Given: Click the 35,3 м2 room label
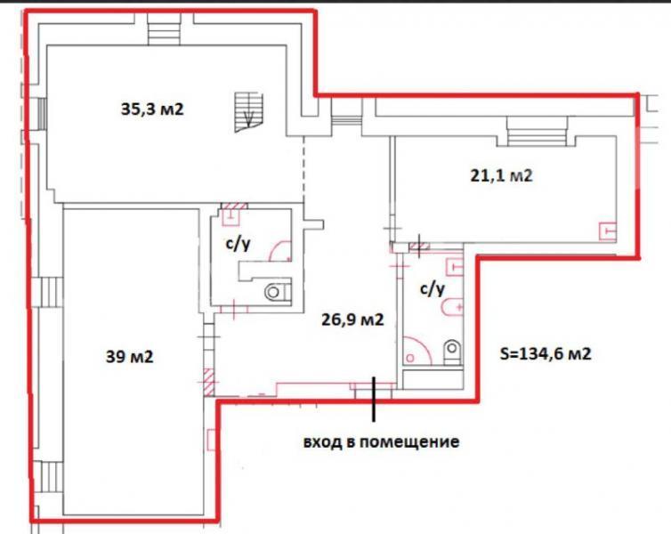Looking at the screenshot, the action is (x=152, y=109).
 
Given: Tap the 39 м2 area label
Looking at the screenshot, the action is (x=129, y=356).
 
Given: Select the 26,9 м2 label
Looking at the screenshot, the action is (x=352, y=320).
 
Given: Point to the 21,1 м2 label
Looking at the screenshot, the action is (x=502, y=175).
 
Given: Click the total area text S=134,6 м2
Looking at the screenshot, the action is (x=546, y=353).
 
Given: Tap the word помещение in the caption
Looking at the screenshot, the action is (x=409, y=441).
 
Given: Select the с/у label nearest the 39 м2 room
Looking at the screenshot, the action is (x=238, y=244).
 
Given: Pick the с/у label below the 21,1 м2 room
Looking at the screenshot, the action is (x=433, y=289).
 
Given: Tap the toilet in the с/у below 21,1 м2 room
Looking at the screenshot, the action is (x=453, y=352).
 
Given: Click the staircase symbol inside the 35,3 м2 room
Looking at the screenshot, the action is (x=248, y=112).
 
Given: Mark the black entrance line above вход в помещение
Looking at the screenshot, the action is (x=374, y=399).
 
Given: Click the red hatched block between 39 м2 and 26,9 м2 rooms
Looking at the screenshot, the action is (x=209, y=382).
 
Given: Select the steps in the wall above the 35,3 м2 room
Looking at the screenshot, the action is (x=164, y=28).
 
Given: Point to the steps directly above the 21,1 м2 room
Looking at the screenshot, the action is (x=537, y=131).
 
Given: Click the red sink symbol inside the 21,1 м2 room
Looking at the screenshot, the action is (x=607, y=231).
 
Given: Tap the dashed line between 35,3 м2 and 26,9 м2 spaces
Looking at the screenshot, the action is (x=304, y=169).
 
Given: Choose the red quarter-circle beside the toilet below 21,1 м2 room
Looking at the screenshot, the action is (x=416, y=351).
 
